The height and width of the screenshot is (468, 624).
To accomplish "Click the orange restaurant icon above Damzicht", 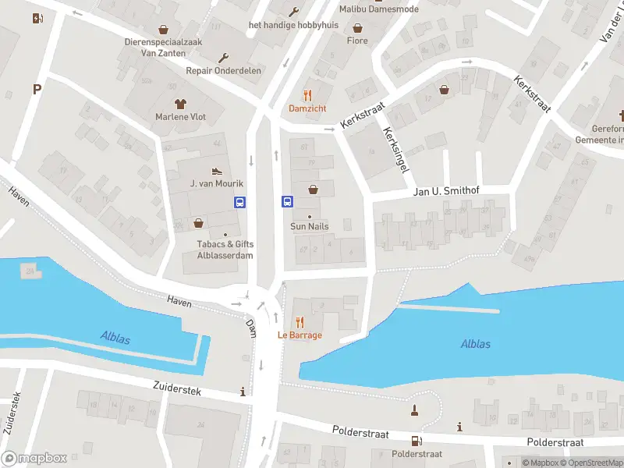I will pos(307,95).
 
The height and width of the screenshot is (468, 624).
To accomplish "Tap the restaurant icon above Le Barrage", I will pos(300,322).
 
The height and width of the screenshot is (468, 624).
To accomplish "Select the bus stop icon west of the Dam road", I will pos(239,202).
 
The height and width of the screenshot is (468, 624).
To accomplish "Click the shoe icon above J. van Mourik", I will pos(217,170).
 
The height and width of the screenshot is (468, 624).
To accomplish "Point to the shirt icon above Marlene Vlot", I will pos(181,103).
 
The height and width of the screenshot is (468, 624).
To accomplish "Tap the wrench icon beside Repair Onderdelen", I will pos(225,57).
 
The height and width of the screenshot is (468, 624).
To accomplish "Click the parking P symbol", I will pos(36,89).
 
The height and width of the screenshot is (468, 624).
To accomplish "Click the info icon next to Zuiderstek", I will pos(243,392).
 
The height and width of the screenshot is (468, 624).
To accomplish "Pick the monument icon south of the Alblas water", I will pos(415,410).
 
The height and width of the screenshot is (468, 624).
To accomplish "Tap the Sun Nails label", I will pos(309,226).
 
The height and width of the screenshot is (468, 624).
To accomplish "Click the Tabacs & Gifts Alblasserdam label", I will pos(225,249).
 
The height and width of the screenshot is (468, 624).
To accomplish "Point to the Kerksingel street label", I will pos(395,151).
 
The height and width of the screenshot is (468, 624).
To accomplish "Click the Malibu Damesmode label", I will pos(378,9).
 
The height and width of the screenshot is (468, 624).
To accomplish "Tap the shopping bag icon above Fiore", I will pos(357,27).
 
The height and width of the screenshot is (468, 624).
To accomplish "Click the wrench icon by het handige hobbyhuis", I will pos(294,11).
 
